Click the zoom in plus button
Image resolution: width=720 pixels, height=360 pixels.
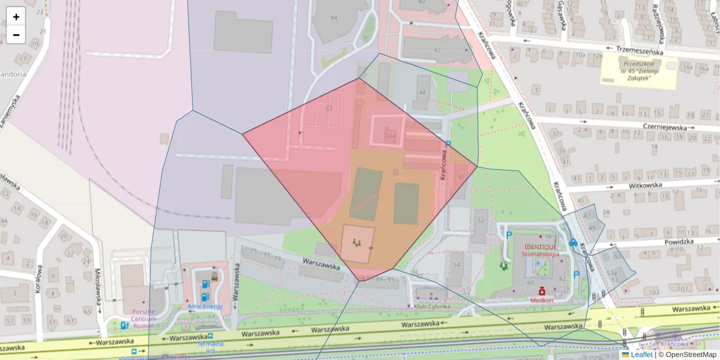click(16, 17)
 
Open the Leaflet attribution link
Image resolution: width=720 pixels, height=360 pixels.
click(641, 355)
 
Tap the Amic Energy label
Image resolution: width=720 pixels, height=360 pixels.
click(205, 307)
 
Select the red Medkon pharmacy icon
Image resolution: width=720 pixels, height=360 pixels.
click(542, 290)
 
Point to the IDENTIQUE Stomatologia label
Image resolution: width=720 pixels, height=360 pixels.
click(540, 250)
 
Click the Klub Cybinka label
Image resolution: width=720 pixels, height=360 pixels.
click(433, 307)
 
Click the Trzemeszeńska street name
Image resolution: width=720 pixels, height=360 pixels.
click(640, 51)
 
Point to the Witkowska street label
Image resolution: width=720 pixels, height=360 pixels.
click(644, 185)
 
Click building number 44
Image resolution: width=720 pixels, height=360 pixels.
click(334, 17)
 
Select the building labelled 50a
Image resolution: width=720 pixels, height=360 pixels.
click(390, 136)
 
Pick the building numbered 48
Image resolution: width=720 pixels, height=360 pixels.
click(424, 92)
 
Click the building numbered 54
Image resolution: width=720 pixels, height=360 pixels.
click(457, 265)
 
